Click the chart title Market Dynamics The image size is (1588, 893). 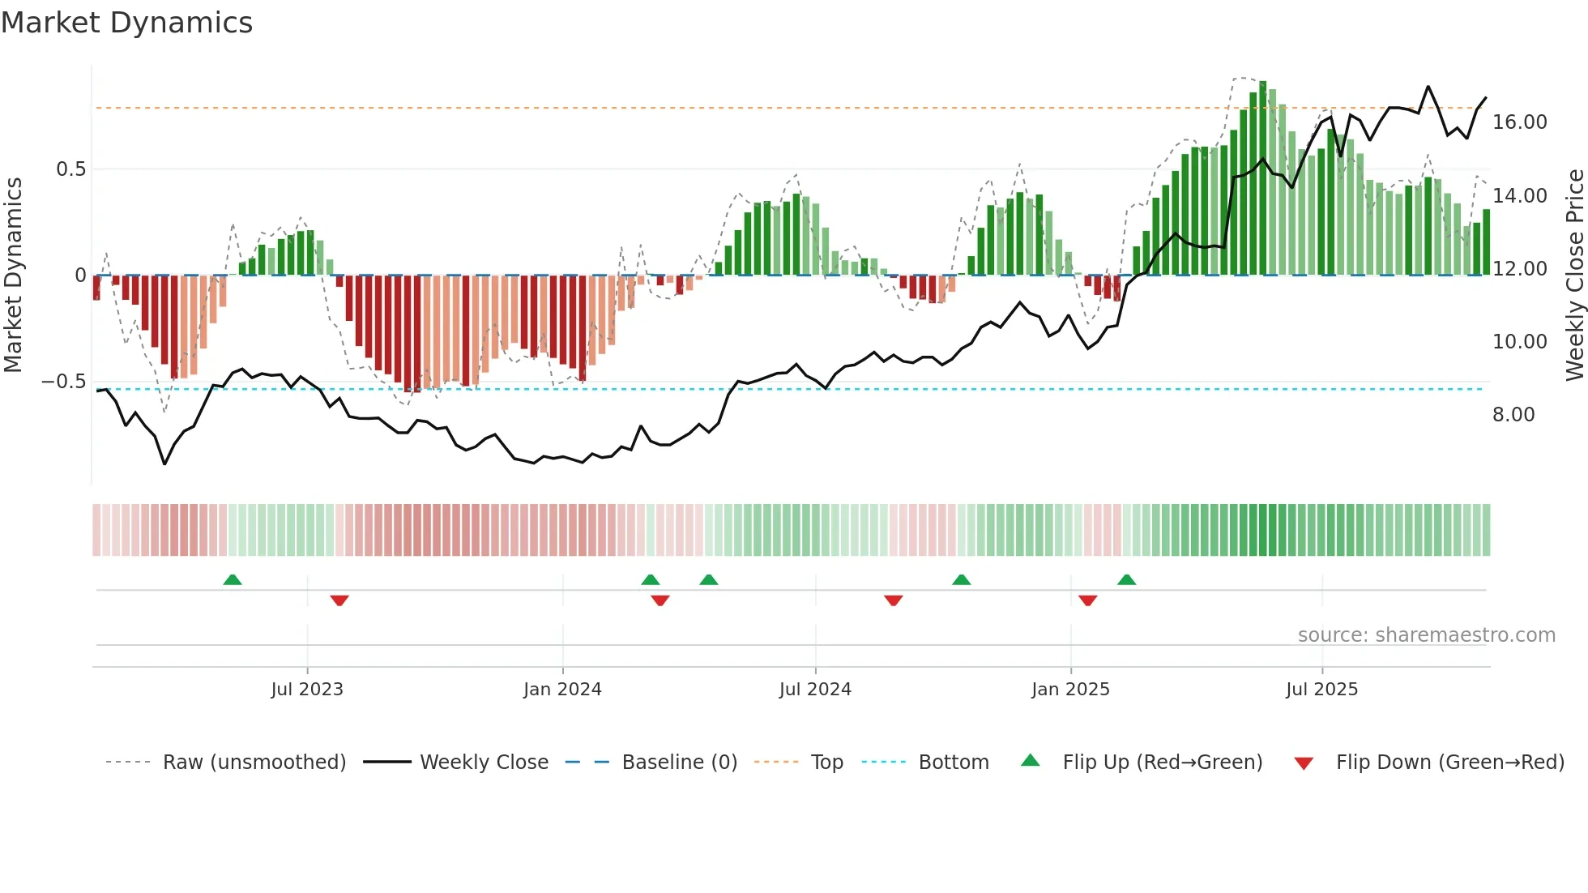(126, 23)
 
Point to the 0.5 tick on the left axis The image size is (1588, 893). (70, 169)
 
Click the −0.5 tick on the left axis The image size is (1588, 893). (63, 382)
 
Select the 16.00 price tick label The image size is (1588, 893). (1519, 122)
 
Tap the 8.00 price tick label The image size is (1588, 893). (1513, 415)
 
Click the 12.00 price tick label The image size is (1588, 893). (1519, 269)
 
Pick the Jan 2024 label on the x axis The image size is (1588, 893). (562, 690)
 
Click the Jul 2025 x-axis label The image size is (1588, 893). (1321, 690)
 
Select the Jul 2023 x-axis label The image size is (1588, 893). (307, 690)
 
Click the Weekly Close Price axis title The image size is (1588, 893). (1574, 276)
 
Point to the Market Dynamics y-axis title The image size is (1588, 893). (13, 276)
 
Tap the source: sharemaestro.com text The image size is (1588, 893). (1426, 635)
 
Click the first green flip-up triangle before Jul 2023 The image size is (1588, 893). (233, 579)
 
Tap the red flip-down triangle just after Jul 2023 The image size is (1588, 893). (339, 600)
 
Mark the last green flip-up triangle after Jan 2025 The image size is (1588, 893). (1126, 579)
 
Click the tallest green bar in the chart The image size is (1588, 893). (1263, 178)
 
